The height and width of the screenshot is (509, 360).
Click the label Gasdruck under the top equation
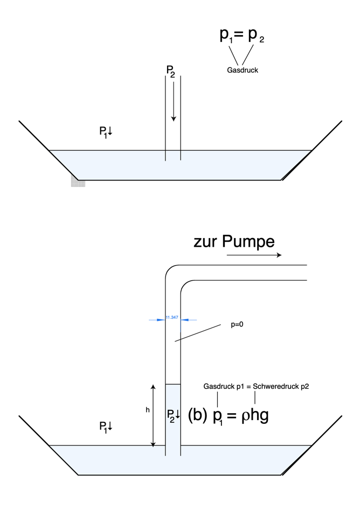coord(243,70)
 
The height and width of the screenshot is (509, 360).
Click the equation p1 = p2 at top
coord(242,36)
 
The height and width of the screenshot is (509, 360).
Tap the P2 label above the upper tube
coord(170,71)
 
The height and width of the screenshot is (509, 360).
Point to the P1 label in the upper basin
coord(105,132)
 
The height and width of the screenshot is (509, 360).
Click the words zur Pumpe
coord(234,242)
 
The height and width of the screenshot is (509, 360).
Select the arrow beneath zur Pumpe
coord(254,255)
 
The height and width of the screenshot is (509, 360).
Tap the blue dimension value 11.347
coord(172,318)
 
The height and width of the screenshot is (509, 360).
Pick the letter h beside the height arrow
coord(148,410)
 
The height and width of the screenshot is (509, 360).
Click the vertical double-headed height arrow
coord(154,416)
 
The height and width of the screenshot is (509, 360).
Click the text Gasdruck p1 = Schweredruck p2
coord(256,386)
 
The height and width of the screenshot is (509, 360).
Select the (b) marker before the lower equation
coord(197,415)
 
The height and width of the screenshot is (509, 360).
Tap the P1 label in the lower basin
coord(105,427)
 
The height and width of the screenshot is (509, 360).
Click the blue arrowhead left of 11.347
coord(161,320)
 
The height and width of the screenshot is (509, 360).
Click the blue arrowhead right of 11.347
coord(184,320)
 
